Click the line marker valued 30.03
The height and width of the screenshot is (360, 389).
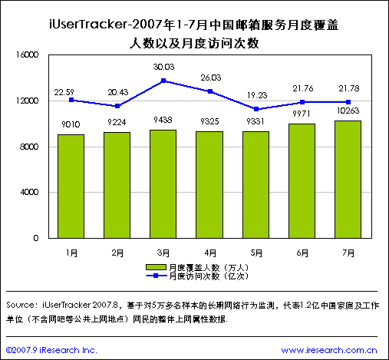163,81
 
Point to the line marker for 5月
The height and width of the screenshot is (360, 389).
256,109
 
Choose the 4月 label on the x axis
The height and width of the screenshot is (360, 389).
209,252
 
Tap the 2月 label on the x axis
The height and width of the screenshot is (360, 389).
117,252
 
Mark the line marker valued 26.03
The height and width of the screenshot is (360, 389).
209,91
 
